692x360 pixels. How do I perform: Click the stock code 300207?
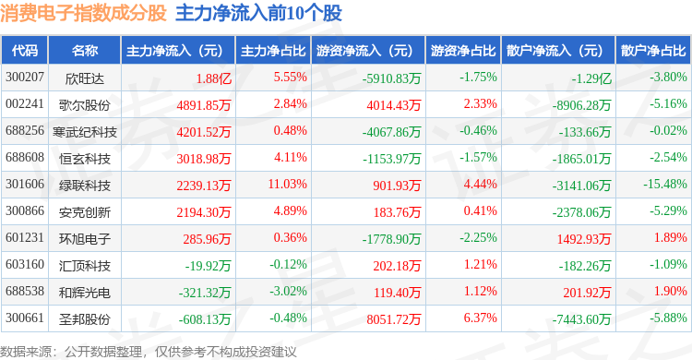25,78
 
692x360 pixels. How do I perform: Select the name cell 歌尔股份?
84,105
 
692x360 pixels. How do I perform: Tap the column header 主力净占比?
273,51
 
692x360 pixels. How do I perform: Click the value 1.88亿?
214,78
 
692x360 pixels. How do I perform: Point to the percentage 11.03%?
287,184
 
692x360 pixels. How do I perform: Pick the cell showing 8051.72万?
394,318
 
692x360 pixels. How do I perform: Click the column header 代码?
25,51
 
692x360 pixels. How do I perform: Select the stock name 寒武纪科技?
84,132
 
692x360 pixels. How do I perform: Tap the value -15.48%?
664,184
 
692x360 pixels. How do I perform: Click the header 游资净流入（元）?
364,51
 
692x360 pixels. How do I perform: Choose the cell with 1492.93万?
584,239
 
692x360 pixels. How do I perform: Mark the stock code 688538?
25,291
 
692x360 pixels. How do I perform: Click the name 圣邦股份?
84,318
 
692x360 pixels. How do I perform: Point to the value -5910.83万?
392,78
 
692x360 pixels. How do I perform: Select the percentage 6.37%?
480,318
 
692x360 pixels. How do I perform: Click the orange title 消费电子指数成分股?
83,13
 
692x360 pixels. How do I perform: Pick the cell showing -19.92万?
208,266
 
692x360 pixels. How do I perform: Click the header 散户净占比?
653,51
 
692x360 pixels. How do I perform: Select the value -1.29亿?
591,78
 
